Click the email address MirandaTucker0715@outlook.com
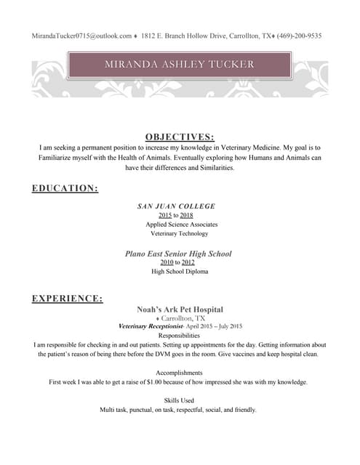click(x=81, y=36)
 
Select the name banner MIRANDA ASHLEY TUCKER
click(x=179, y=65)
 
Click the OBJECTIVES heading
click(x=180, y=137)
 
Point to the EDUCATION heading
click(x=65, y=189)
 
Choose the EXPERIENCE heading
click(x=67, y=299)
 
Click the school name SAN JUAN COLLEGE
click(x=177, y=206)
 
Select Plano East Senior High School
click(x=179, y=254)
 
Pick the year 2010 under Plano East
click(x=166, y=262)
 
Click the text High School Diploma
click(x=180, y=272)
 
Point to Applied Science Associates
click(x=181, y=225)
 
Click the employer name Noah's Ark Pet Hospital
click(x=180, y=310)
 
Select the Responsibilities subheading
click(x=179, y=336)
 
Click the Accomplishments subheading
click(x=179, y=373)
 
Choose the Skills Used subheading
click(x=179, y=400)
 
